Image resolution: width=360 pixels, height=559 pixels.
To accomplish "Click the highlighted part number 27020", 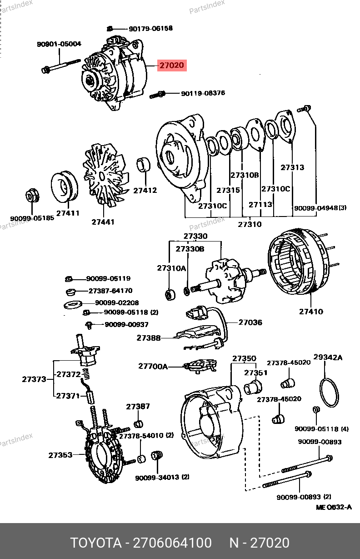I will (171, 65).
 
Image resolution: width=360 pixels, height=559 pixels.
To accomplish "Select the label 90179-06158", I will (150, 29).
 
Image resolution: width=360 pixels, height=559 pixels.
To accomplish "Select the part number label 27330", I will (195, 237).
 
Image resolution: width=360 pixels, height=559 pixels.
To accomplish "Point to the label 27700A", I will (153, 366).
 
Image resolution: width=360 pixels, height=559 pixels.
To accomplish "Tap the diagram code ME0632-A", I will (334, 507).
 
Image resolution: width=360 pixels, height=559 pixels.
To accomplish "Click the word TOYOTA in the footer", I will (96, 543).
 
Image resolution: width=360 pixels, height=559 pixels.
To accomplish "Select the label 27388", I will (149, 338).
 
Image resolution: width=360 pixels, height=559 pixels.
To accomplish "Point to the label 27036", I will (250, 322).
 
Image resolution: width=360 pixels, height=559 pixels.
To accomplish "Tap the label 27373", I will (34, 379).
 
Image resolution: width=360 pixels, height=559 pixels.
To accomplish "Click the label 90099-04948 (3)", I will (320, 208).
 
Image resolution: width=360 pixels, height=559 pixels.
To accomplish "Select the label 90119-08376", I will (203, 93).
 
